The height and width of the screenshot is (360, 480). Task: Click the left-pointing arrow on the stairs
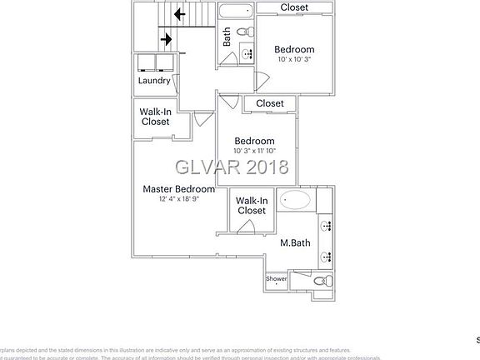pyautogui.click(x=178, y=13)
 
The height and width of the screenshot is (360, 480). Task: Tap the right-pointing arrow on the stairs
pyautogui.click(x=165, y=39)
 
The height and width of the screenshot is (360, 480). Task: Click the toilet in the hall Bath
pyautogui.click(x=246, y=32)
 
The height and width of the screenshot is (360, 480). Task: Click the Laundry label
pyautogui.click(x=154, y=81)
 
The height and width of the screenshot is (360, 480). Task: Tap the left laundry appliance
pyautogui.click(x=147, y=63)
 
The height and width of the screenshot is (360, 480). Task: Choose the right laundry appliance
pyautogui.click(x=163, y=63)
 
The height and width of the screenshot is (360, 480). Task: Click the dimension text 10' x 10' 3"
pyautogui.click(x=294, y=60)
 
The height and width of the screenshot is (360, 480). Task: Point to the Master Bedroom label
pyautogui.click(x=178, y=189)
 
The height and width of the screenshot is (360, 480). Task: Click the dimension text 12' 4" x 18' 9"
pyautogui.click(x=178, y=199)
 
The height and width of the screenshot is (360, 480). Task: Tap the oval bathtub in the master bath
pyautogui.click(x=295, y=201)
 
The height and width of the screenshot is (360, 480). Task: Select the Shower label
pyautogui.click(x=276, y=278)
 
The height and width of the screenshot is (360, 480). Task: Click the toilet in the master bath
pyautogui.click(x=323, y=282)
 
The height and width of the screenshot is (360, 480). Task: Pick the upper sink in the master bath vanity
pyautogui.click(x=325, y=225)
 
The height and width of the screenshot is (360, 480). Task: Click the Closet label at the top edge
pyautogui.click(x=293, y=7)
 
